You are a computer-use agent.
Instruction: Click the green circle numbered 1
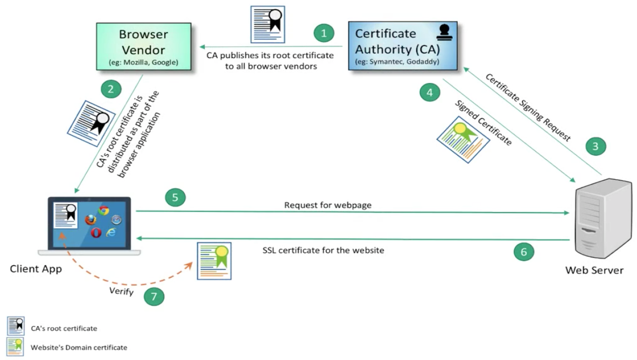click(x=324, y=33)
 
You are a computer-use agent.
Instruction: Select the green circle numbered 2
click(x=111, y=89)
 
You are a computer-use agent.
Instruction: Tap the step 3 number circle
click(x=595, y=145)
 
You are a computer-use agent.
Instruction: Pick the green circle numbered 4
click(x=429, y=93)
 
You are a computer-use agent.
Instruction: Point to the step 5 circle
click(x=175, y=197)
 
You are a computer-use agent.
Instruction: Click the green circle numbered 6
click(x=523, y=251)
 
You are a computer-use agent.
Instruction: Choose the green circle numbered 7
click(x=154, y=297)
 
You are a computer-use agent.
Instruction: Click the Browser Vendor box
click(x=144, y=46)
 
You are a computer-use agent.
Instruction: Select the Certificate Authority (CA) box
click(x=403, y=46)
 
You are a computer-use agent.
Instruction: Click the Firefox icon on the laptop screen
click(x=90, y=220)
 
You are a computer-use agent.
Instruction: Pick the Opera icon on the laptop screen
click(x=96, y=232)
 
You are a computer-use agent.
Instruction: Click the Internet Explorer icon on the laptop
click(x=111, y=232)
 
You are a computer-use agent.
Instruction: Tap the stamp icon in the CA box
click(x=445, y=33)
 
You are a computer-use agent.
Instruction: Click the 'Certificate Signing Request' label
click(x=528, y=107)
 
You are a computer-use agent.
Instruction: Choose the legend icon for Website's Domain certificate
click(x=16, y=347)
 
